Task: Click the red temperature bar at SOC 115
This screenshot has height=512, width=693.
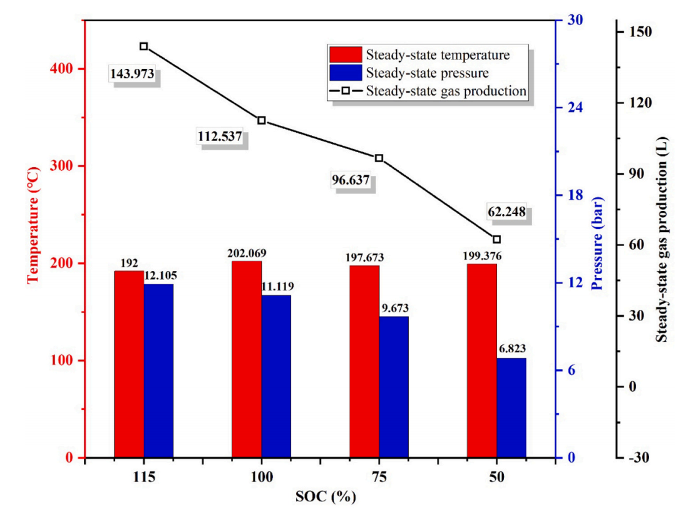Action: (x=129, y=364)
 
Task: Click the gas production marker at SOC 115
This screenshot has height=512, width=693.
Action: (x=144, y=46)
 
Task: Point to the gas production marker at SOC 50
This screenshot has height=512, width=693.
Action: (x=497, y=239)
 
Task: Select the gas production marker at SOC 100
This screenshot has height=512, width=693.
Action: (x=262, y=120)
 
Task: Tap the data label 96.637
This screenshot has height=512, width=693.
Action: (x=350, y=181)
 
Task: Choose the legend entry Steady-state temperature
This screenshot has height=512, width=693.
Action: (x=438, y=54)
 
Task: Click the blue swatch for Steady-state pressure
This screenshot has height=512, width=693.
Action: (x=344, y=73)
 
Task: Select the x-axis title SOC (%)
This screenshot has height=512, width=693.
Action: (x=326, y=498)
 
